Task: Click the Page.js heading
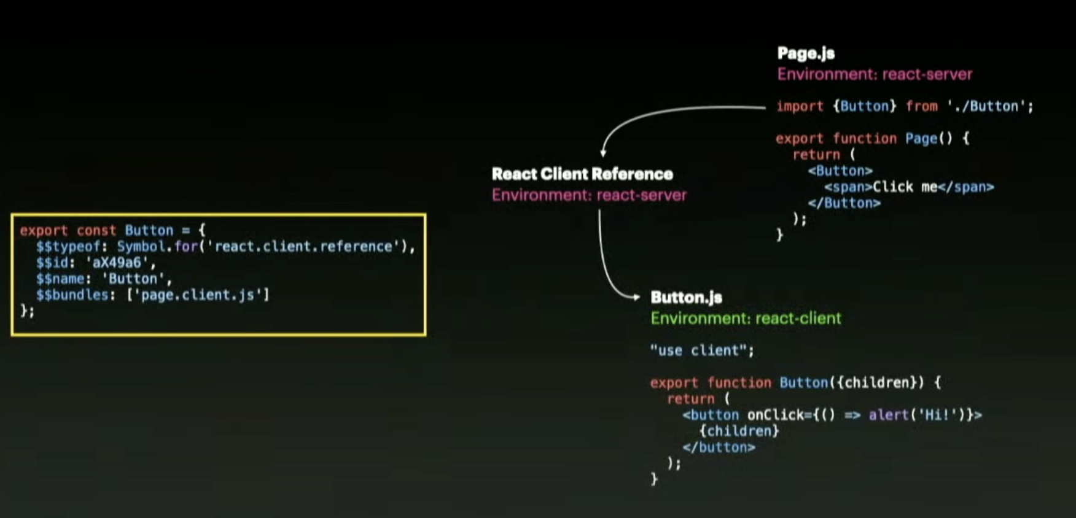[806, 53]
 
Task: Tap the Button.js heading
[686, 298]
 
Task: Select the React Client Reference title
[582, 174]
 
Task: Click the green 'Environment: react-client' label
[746, 319]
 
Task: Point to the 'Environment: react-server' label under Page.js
[875, 74]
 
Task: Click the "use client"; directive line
[702, 350]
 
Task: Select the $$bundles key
[72, 295]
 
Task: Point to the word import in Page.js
[799, 106]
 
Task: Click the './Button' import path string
[986, 106]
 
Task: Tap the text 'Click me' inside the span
[905, 187]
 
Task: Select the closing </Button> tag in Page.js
[844, 203]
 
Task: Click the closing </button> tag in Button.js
[719, 447]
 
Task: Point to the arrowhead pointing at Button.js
[636, 297]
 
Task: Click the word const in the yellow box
[96, 231]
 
